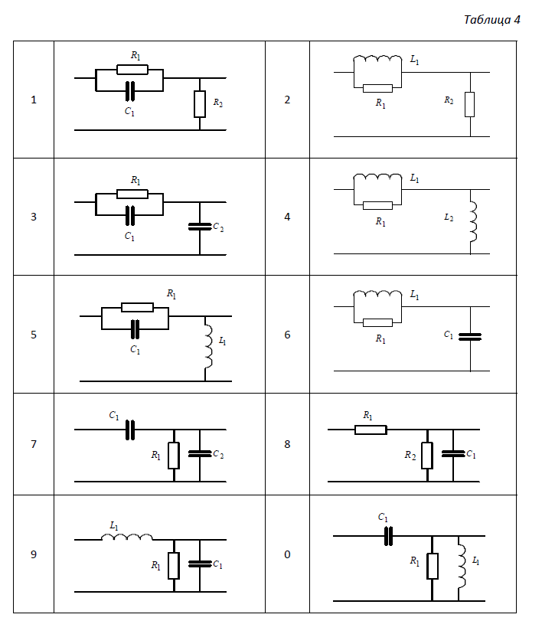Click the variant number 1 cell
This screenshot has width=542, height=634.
coord(33,100)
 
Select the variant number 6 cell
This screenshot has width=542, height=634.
coord(287,335)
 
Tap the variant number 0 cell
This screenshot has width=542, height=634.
coord(287,554)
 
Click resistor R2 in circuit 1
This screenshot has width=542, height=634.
coord(200,103)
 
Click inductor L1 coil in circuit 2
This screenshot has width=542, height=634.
coord(377,60)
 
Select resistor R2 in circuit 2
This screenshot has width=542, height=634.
coord(470,103)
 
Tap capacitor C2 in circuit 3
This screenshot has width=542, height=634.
coord(199,227)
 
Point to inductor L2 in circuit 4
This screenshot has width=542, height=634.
coord(472,221)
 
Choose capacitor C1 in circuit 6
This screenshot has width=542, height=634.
coord(469,335)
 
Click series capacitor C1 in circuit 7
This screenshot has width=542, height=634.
coord(130,430)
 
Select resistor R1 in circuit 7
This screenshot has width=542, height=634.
coord(174,456)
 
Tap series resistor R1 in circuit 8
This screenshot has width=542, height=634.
coord(371,430)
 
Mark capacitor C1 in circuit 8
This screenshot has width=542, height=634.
coord(453,454)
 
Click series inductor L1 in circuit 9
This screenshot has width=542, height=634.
coord(127,538)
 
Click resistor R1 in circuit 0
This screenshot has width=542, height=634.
coord(433,567)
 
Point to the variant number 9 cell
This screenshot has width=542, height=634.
coord(33,554)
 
